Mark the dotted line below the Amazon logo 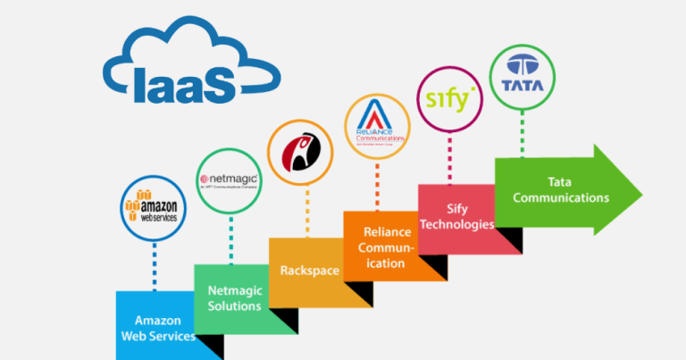coord(154,265)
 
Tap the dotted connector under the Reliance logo coord(380,183)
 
